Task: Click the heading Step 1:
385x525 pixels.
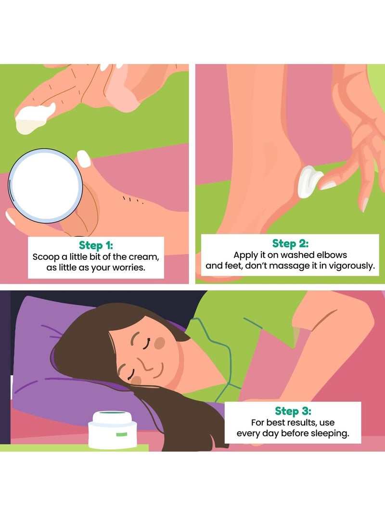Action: pos(95,245)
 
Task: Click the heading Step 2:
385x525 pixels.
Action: pos(290,243)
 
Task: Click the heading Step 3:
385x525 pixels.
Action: pos(293,411)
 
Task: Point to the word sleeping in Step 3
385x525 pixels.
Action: pos(329,434)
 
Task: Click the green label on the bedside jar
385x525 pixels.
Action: pos(121,434)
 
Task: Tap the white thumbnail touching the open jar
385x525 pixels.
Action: pos(84,158)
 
